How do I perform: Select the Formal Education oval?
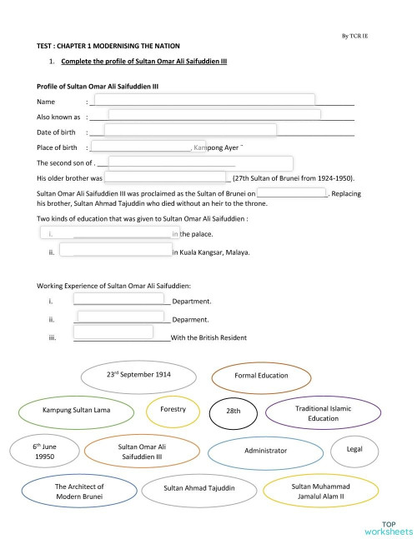(261, 376)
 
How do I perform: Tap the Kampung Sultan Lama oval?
(76, 410)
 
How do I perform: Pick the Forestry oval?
(173, 410)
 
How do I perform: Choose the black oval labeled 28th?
(233, 412)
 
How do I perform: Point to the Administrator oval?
(265, 451)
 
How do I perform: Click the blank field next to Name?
(203, 100)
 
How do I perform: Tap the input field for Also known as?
(214, 115)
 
